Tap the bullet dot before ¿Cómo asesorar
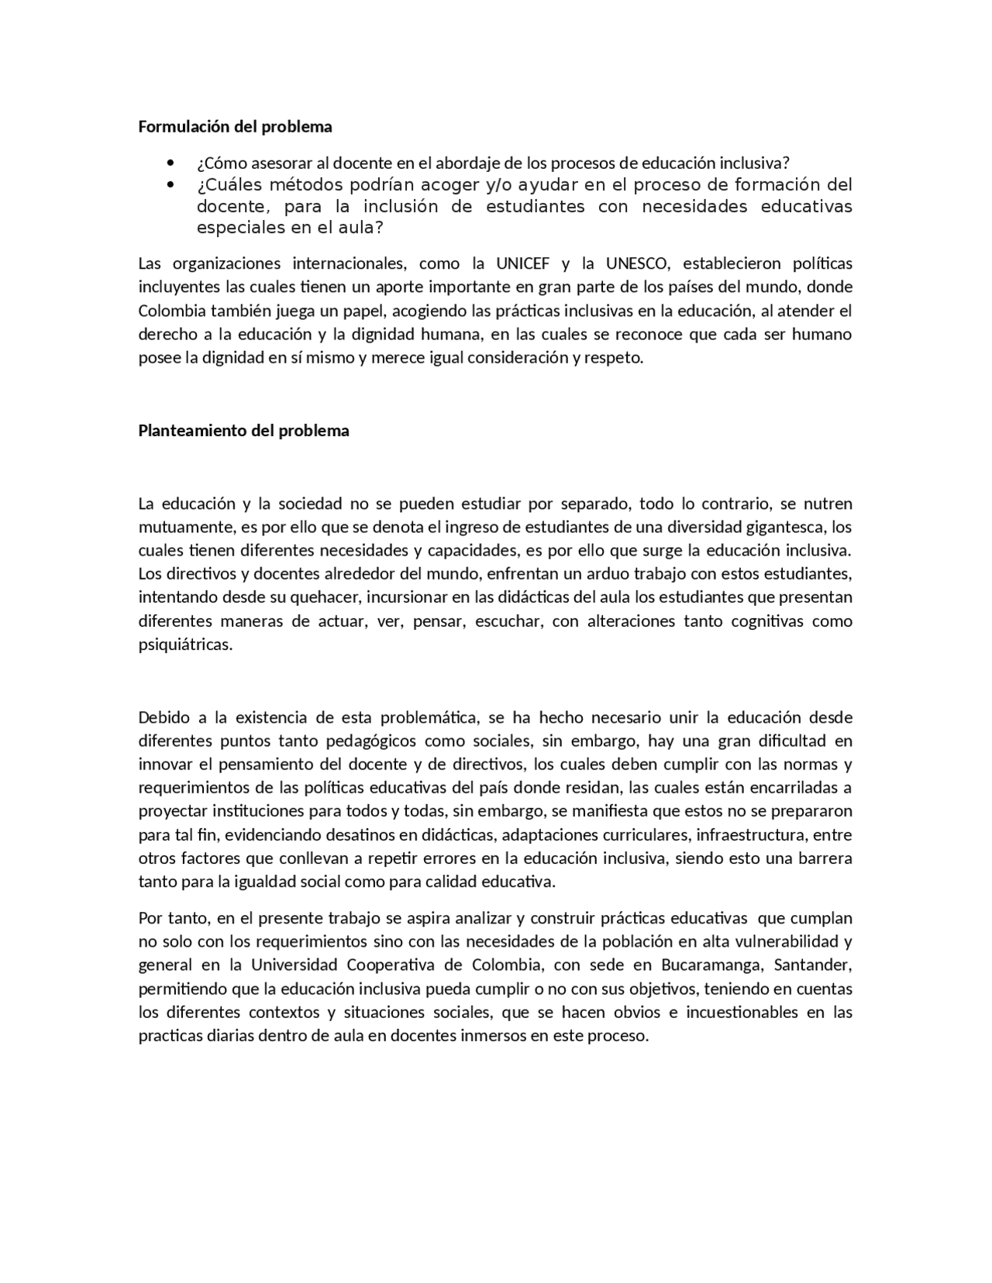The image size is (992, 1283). [170, 163]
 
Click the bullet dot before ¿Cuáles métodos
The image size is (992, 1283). [170, 185]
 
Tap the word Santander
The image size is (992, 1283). [813, 965]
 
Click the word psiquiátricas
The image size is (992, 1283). [185, 645]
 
